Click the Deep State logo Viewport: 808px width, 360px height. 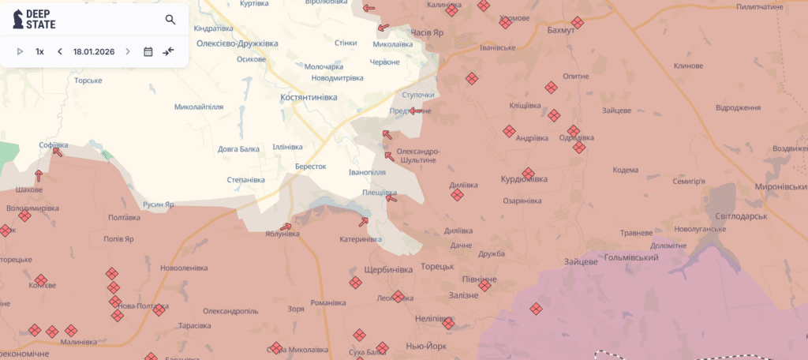pos(36,20)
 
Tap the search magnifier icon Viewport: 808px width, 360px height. pos(170,20)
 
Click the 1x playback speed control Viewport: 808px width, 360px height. pos(39,51)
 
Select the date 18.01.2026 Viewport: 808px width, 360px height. pos(94,51)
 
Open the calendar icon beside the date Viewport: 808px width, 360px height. pos(148,51)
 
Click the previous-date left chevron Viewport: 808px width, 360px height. pos(59,51)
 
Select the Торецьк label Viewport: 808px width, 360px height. pos(437,266)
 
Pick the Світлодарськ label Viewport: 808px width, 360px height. pos(743,216)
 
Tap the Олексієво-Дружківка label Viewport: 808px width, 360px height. pos(238,43)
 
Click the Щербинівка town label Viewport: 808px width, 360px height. pos(387,269)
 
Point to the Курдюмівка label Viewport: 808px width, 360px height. pos(524,178)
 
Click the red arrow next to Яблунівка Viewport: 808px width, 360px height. pos(286,227)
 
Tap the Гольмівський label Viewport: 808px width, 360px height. pos(631,258)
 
